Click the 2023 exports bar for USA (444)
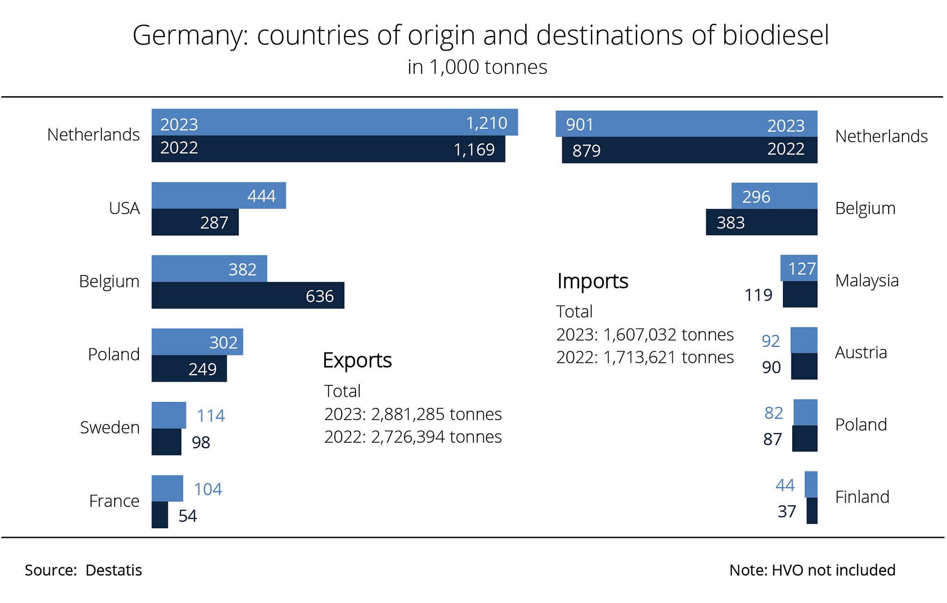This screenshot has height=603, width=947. (218, 195)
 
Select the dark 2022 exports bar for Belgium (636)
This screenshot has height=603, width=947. (248, 295)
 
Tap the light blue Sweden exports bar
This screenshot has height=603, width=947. (169, 415)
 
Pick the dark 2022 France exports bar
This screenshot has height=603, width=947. (160, 515)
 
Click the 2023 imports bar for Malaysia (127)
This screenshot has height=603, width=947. (799, 268)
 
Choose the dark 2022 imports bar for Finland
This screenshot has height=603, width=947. (812, 511)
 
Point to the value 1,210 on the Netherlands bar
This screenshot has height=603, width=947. (486, 123)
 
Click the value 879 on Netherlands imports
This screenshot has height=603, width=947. (586, 151)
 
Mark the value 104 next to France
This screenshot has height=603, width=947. (208, 489)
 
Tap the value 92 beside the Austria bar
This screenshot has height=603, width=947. (771, 341)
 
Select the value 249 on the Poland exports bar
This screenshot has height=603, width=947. (203, 369)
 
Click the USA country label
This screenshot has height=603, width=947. (124, 208)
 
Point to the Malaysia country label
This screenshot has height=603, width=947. (867, 280)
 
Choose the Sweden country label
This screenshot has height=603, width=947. (110, 427)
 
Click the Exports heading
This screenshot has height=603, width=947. (357, 360)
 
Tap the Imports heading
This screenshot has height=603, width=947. (592, 281)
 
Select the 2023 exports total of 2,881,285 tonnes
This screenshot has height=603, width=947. (413, 414)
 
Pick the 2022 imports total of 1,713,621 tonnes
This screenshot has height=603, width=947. (645, 357)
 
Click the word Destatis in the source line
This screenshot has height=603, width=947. (114, 570)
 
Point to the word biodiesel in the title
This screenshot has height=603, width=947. (775, 35)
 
